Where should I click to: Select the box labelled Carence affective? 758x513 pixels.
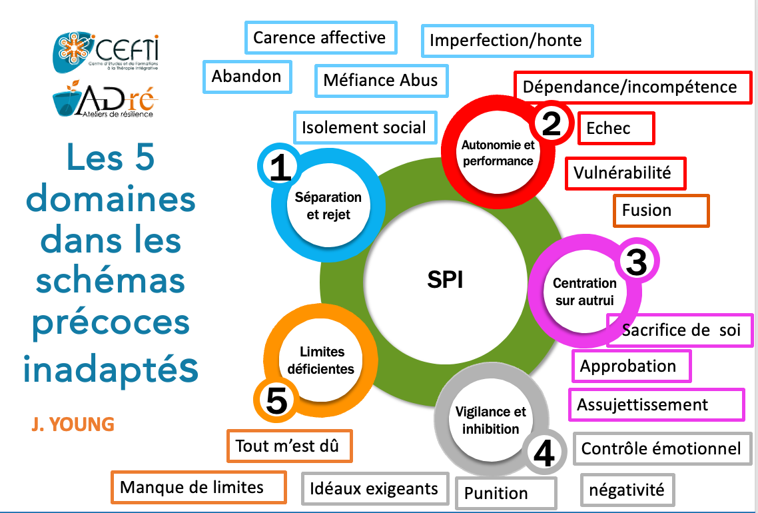[320, 38]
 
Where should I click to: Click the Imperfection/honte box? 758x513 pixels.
[506, 41]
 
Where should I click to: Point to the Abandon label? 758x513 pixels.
[246, 77]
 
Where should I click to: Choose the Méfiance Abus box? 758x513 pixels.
[381, 81]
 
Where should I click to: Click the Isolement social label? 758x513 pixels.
[364, 127]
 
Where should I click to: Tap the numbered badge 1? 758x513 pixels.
[280, 167]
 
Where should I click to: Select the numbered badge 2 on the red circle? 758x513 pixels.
[551, 124]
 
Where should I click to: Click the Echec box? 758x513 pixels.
[616, 128]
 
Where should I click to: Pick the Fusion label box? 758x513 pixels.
[661, 211]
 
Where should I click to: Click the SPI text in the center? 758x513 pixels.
[445, 280]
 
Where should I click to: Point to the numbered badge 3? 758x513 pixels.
[637, 263]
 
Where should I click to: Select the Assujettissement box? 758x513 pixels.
[656, 404]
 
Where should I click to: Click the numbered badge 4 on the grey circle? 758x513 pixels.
[544, 454]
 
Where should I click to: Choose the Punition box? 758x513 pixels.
[506, 493]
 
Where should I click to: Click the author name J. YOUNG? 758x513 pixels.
[72, 424]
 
